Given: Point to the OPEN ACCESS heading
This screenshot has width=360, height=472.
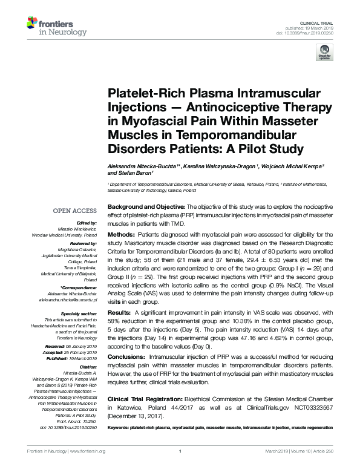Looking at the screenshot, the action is click(74, 211).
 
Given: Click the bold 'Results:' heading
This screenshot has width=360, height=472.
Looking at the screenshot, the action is click(119, 312).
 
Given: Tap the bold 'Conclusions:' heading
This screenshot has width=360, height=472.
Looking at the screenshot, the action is click(126, 357).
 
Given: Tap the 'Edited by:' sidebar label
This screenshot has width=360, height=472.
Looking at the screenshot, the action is click(87, 223).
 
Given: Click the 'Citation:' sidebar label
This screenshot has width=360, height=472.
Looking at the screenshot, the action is click(88, 367).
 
